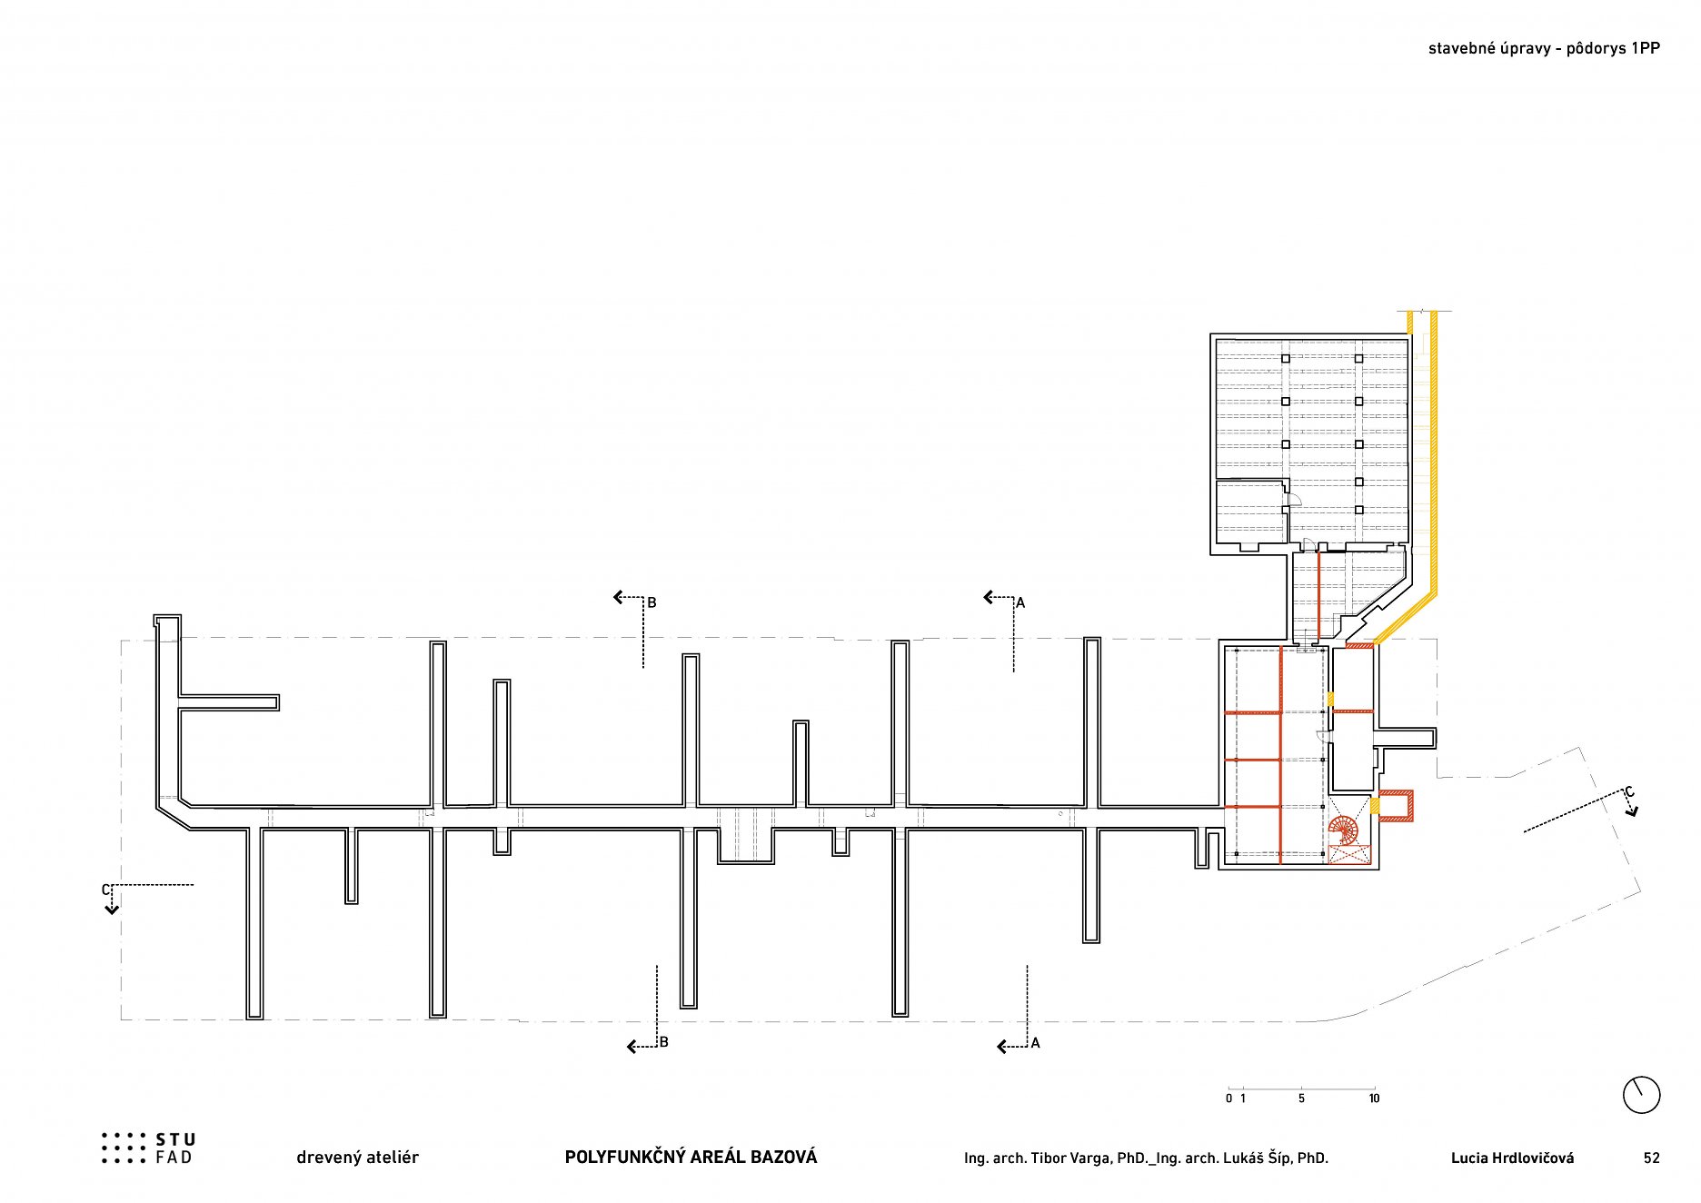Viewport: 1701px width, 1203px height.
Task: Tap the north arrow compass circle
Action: tap(1641, 1094)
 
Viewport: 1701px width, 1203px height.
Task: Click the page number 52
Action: tap(1651, 1158)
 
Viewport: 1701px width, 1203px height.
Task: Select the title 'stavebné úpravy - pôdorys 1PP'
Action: tap(1544, 49)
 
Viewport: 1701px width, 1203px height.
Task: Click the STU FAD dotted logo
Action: tap(124, 1148)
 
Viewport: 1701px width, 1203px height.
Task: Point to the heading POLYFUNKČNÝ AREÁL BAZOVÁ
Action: tap(691, 1157)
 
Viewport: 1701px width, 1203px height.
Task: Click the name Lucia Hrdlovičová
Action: tap(1512, 1158)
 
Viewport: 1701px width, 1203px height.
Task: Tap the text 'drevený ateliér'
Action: tap(357, 1157)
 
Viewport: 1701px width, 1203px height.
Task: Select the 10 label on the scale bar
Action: tap(1374, 1099)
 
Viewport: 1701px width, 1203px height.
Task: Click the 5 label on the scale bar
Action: tap(1301, 1099)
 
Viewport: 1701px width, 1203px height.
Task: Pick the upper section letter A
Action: tap(1020, 602)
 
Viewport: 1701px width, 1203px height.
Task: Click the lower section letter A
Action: tap(1035, 1043)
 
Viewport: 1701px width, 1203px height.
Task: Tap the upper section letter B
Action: tap(652, 602)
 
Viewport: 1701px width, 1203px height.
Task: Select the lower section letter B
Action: tap(663, 1042)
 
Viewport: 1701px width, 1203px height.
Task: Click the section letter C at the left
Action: tap(106, 890)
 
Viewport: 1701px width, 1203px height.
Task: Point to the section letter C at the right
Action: tap(1629, 792)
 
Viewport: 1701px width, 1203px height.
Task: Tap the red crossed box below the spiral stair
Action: tap(1349, 854)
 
